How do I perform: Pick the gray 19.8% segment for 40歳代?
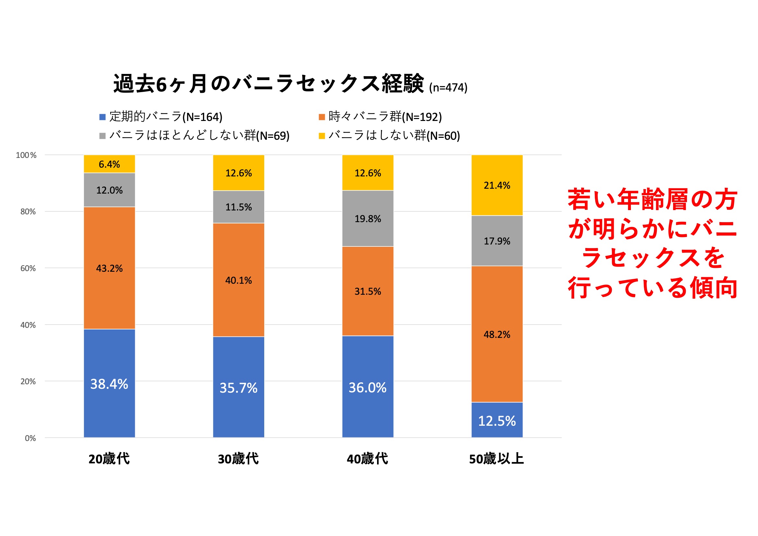tap(368, 218)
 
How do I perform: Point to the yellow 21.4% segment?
tap(497, 185)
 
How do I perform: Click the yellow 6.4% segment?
tap(109, 164)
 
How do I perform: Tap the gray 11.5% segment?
tap(238, 207)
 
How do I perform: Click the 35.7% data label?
tap(238, 388)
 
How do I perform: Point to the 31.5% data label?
tap(368, 291)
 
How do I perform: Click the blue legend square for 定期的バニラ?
tap(102, 117)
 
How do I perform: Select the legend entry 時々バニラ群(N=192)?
tap(385, 117)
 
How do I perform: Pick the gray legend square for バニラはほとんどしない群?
tap(102, 136)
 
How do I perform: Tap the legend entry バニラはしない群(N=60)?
tap(394, 136)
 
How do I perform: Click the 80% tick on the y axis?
tap(28, 212)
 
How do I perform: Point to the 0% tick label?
tap(30, 438)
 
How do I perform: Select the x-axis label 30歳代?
tap(238, 459)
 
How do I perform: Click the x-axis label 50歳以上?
tap(497, 459)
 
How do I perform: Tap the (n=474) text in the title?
tap(448, 88)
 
